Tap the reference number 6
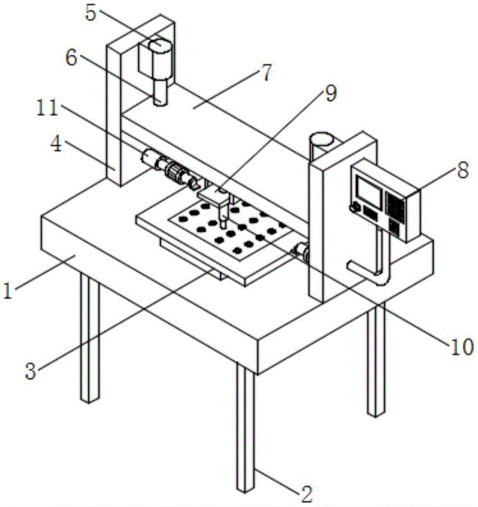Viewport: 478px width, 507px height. coord(71,58)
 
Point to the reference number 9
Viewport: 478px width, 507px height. coord(330,93)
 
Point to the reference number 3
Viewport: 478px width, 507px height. coord(30,372)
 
